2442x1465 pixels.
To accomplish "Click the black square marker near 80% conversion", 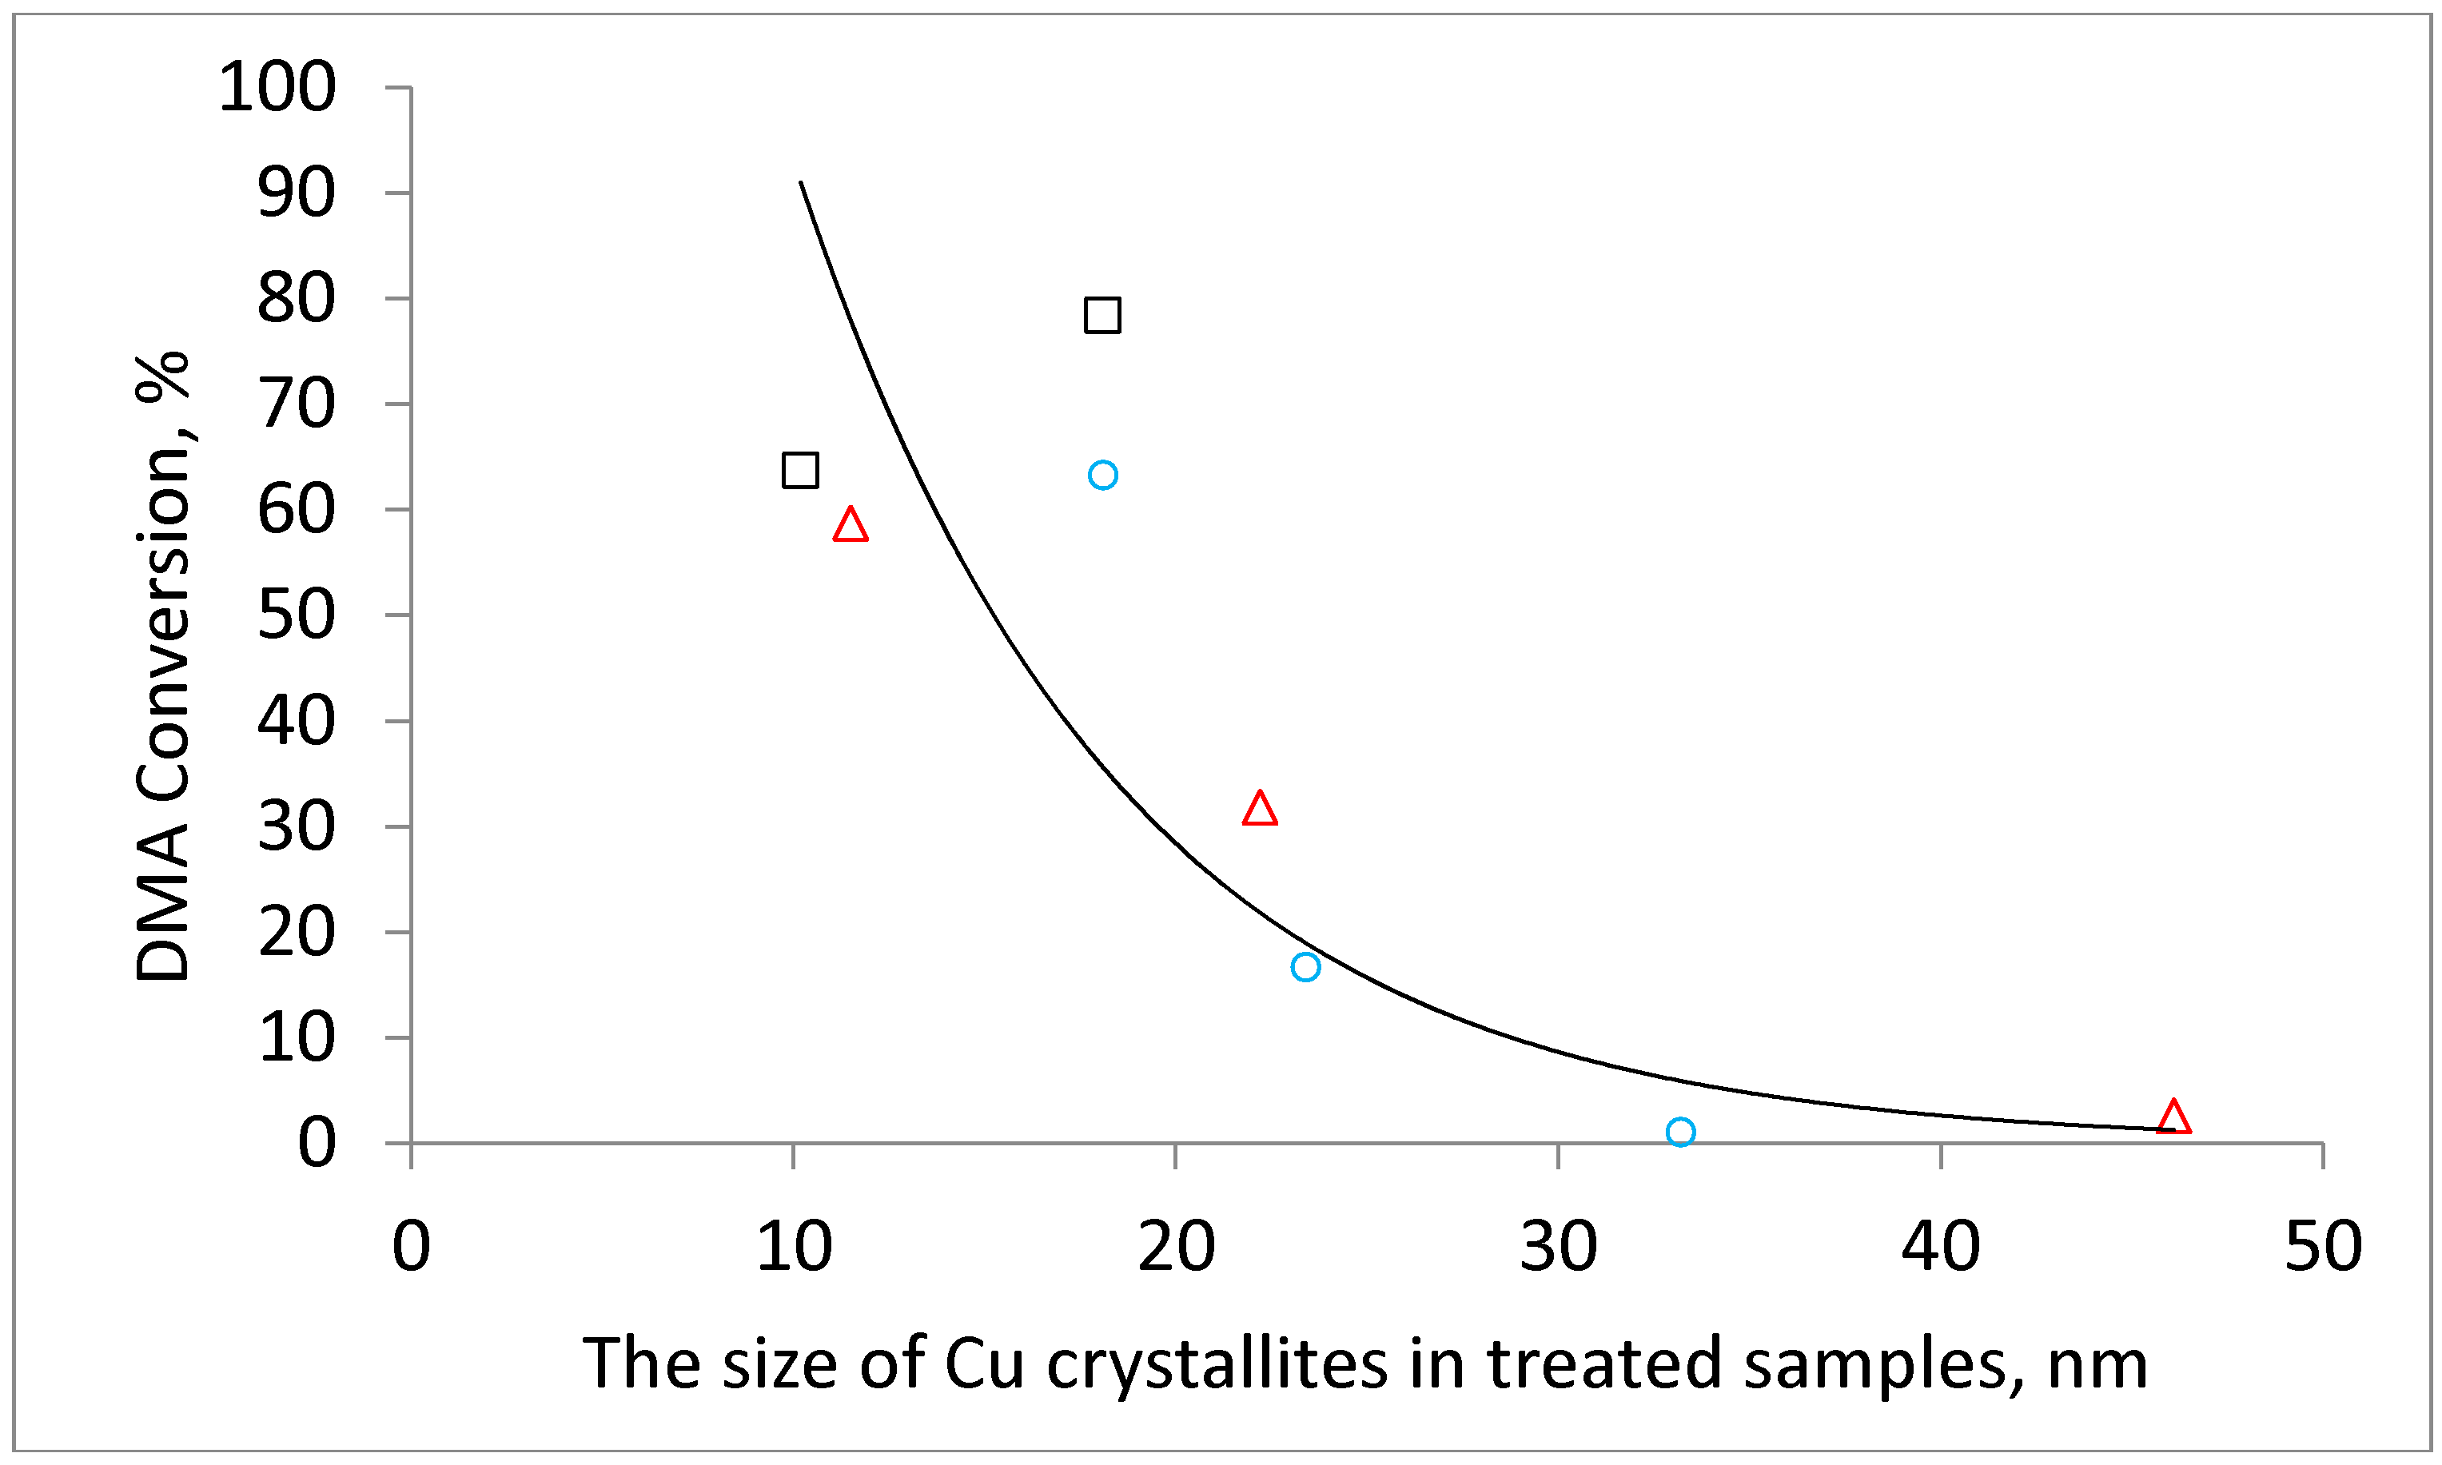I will click(x=1101, y=315).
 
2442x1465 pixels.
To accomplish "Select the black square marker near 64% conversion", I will click(x=799, y=470).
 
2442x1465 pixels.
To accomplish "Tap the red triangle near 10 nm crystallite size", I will click(x=850, y=526).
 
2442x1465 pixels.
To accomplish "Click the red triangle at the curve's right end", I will click(x=2173, y=1117).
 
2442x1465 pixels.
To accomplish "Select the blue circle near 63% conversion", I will click(x=1101, y=475).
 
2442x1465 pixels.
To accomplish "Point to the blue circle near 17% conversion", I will click(x=1305, y=966).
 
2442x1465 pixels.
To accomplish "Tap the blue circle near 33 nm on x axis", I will click(x=1680, y=1132).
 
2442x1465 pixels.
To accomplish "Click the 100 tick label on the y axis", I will click(x=277, y=87).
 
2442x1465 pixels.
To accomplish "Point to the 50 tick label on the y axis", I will click(x=296, y=616).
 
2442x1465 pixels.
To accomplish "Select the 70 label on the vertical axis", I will click(x=296, y=404).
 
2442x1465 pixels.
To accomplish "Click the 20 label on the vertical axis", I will click(x=296, y=933).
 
